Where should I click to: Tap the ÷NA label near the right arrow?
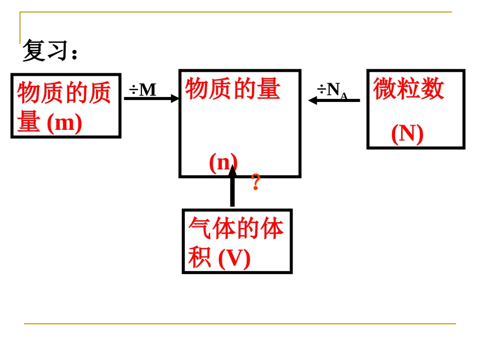(x=332, y=90)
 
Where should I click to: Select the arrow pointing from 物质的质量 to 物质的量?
(x=151, y=98)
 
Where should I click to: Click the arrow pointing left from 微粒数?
(x=334, y=100)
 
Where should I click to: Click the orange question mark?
(x=256, y=182)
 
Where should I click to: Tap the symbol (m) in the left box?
(x=64, y=124)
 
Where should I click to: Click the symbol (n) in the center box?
(x=223, y=163)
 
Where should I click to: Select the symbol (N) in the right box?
(x=407, y=134)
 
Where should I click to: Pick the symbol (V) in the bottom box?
(x=234, y=259)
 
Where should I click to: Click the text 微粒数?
(x=409, y=89)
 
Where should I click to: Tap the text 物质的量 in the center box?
(x=233, y=89)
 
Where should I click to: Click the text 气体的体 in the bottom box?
(x=236, y=229)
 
